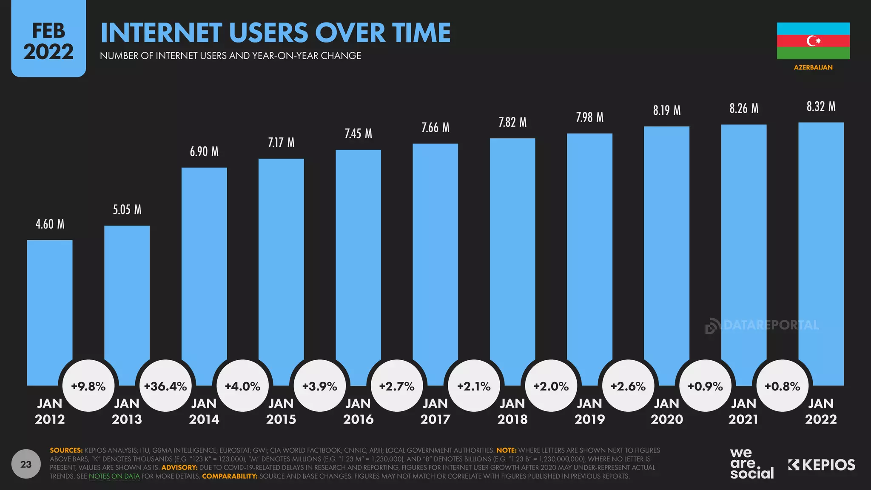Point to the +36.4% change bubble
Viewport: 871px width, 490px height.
pyautogui.click(x=165, y=386)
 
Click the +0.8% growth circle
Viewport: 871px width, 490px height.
pyautogui.click(x=782, y=386)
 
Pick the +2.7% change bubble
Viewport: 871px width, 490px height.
pyautogui.click(x=397, y=386)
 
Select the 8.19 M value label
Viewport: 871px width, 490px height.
pyautogui.click(x=667, y=111)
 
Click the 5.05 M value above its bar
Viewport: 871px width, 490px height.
pyautogui.click(x=127, y=210)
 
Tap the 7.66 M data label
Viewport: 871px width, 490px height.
pyautogui.click(x=435, y=128)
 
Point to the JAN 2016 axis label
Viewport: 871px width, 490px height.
pyautogui.click(x=358, y=411)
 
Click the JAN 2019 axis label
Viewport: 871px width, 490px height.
pyautogui.click(x=589, y=411)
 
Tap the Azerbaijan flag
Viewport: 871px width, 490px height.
pyautogui.click(x=813, y=41)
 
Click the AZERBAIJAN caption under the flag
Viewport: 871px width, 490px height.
pyautogui.click(x=813, y=67)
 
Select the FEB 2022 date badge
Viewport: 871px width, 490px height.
pyautogui.click(x=48, y=41)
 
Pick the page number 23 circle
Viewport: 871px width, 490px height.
pyautogui.click(x=26, y=464)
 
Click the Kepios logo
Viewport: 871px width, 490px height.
pyautogui.click(x=822, y=465)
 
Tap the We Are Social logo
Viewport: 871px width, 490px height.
pyautogui.click(x=751, y=464)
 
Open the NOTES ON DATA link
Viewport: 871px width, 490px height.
pyautogui.click(x=114, y=476)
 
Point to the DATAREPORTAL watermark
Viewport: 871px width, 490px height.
pyautogui.click(x=762, y=326)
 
